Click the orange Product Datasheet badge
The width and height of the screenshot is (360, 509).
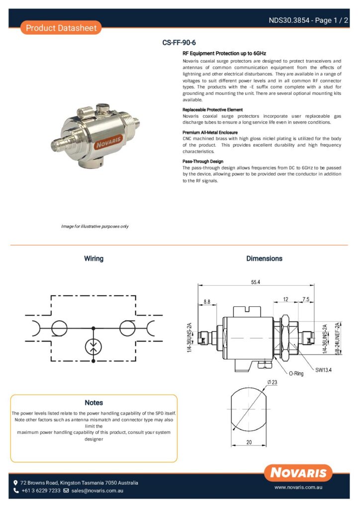pos(61,28)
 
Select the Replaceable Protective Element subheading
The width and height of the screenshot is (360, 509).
pos(212,109)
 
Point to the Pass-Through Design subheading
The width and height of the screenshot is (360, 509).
pos(203,162)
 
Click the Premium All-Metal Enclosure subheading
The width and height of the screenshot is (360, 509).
pos(210,133)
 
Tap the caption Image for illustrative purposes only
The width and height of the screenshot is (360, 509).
pos(94,227)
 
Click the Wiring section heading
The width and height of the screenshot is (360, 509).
pos(93,258)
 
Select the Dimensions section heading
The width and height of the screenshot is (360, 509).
pos(264,258)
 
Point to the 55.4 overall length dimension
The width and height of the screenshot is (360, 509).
pos(256,282)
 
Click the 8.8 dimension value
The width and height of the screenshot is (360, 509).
pos(207,302)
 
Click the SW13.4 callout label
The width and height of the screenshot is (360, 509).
pos(323,370)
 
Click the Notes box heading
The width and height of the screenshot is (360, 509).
pos(93,403)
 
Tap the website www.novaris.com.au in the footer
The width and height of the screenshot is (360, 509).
pos(299,488)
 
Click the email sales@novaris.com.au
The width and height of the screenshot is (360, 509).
pos(97,491)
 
